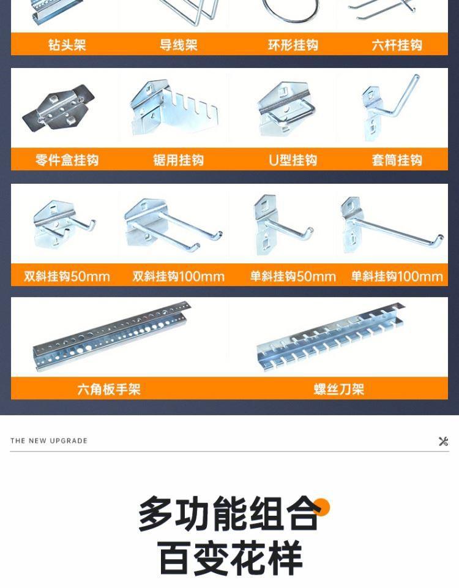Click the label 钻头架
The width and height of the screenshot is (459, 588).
[67, 45]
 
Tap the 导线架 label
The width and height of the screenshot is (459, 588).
[178, 45]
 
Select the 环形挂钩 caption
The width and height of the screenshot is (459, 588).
[293, 45]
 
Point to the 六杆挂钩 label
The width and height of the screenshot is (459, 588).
[397, 45]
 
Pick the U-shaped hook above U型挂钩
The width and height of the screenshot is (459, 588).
[286, 110]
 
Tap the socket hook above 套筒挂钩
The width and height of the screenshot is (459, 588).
[390, 107]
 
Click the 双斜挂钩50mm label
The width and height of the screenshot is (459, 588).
[67, 276]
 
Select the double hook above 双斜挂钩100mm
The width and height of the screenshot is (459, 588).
[173, 225]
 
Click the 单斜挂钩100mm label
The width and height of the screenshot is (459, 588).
[397, 276]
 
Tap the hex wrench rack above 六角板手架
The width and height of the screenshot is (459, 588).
[111, 336]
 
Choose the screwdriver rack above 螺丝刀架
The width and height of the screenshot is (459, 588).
[330, 337]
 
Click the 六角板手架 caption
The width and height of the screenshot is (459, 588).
[109, 390]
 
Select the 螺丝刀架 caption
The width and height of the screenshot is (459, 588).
[338, 390]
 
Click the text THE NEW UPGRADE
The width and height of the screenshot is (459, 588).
[49, 440]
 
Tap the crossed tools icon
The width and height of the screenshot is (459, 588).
[443, 441]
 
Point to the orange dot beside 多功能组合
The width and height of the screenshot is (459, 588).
[321, 507]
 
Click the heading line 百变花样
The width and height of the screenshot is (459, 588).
[230, 557]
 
